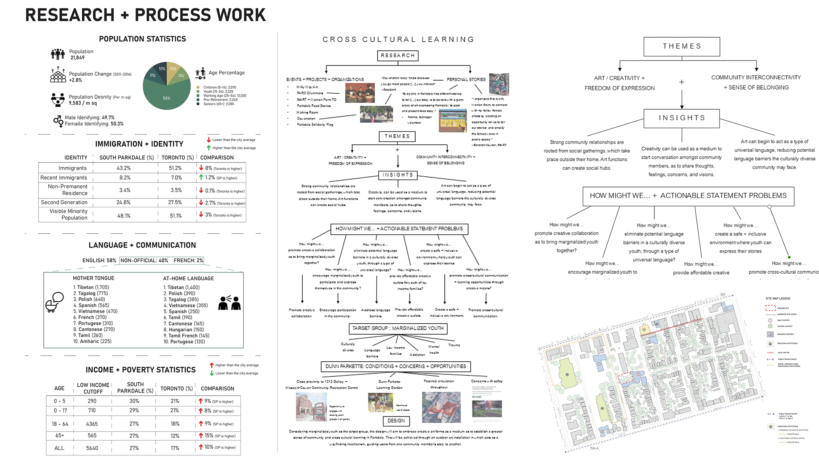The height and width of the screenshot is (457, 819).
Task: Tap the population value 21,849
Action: [x=77, y=58]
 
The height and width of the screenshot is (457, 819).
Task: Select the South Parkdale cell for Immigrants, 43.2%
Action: [x=124, y=168]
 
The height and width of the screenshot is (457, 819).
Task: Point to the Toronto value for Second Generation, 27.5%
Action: [x=175, y=203]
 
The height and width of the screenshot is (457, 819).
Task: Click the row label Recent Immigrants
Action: [x=64, y=178]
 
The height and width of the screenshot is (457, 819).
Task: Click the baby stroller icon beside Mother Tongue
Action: [x=54, y=302]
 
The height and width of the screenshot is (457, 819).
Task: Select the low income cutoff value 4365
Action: [x=92, y=424]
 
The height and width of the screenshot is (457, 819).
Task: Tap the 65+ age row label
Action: [x=59, y=436]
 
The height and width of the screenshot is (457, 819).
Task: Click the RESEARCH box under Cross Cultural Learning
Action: [x=398, y=56]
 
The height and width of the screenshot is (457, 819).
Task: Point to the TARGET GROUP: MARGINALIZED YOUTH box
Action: [x=398, y=329]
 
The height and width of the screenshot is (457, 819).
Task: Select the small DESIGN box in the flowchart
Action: [x=396, y=421]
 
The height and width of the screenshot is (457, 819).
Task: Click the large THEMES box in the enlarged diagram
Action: [x=682, y=47]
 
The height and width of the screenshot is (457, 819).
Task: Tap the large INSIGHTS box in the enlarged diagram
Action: [x=682, y=118]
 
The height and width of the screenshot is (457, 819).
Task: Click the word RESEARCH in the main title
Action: [x=70, y=15]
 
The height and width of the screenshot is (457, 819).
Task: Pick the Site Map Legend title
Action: [x=778, y=299]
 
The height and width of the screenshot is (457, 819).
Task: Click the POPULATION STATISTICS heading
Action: [x=143, y=39]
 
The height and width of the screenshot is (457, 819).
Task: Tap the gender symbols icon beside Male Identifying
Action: [x=58, y=121]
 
